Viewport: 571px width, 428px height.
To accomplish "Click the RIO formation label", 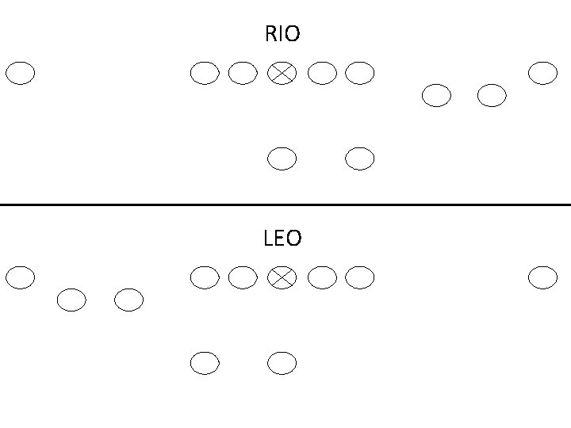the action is pyautogui.click(x=282, y=35).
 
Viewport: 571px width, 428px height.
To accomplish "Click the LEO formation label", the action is pyautogui.click(x=282, y=238).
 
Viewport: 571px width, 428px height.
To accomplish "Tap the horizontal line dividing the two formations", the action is pyautogui.click(x=285, y=204).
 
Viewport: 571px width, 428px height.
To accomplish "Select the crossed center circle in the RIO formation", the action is pyautogui.click(x=282, y=74).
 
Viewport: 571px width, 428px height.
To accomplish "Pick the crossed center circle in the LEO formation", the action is pyautogui.click(x=282, y=277).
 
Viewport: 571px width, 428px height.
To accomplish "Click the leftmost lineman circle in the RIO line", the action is pyautogui.click(x=205, y=74).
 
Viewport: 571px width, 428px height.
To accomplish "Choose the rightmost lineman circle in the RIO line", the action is pyautogui.click(x=359, y=74).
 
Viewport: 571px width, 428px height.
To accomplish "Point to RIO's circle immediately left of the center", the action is pyautogui.click(x=243, y=74).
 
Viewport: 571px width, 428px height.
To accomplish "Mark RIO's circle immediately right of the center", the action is pyautogui.click(x=321, y=74).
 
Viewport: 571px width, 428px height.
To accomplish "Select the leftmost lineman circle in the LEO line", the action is pyautogui.click(x=205, y=277).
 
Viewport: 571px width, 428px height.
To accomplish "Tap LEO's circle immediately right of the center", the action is pyautogui.click(x=321, y=277).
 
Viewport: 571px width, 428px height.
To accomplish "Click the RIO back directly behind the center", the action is pyautogui.click(x=282, y=159).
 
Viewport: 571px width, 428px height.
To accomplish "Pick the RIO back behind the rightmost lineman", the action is pyautogui.click(x=359, y=159).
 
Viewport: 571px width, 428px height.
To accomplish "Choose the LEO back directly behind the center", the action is pyautogui.click(x=282, y=363).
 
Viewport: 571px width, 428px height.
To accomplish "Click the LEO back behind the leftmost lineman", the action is pyautogui.click(x=205, y=363).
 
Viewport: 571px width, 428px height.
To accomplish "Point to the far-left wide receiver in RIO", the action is pyautogui.click(x=21, y=74).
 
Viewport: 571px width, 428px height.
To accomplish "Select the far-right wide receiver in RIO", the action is pyautogui.click(x=542, y=74).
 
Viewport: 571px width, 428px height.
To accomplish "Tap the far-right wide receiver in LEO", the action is pyautogui.click(x=542, y=277).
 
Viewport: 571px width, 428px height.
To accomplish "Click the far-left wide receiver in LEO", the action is pyautogui.click(x=21, y=277).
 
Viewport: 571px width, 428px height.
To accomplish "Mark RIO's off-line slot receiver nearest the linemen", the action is pyautogui.click(x=436, y=96).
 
